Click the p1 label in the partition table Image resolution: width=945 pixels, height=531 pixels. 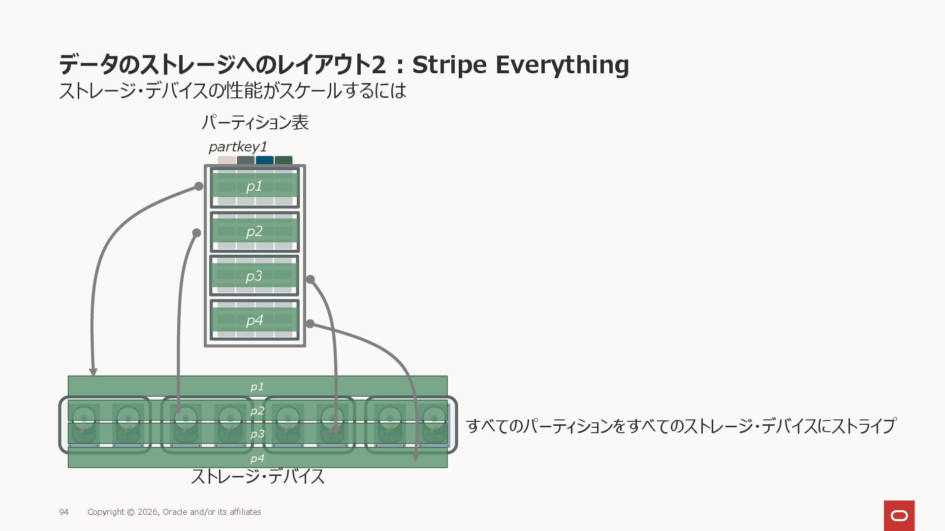(x=254, y=186)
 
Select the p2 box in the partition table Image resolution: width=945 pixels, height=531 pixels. (x=254, y=232)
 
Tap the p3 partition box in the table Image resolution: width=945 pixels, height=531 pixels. (x=254, y=276)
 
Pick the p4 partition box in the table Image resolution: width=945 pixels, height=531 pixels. (x=254, y=320)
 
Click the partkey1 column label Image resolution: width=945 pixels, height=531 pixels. (x=238, y=147)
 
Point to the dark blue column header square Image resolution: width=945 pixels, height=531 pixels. (x=264, y=160)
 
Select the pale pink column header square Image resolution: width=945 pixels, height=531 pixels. (x=226, y=160)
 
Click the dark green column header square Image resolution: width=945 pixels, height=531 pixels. (x=283, y=160)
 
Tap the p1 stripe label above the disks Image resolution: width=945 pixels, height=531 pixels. (x=257, y=387)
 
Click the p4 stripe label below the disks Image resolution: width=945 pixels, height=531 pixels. (x=257, y=459)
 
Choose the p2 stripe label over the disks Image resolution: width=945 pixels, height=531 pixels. (x=257, y=411)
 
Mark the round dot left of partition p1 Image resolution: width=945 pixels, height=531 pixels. (x=199, y=186)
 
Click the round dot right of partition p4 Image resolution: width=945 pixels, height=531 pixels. (x=310, y=324)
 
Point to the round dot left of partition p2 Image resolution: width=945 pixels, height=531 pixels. (x=197, y=233)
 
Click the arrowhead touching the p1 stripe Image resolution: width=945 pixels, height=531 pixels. (x=93, y=372)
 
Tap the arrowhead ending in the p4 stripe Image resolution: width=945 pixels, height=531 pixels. (x=416, y=457)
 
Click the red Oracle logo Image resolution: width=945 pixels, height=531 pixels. (x=899, y=515)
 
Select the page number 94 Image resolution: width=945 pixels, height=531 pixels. (x=64, y=512)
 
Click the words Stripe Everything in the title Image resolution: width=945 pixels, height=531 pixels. (x=520, y=64)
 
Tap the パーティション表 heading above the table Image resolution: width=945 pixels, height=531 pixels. (x=255, y=122)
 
